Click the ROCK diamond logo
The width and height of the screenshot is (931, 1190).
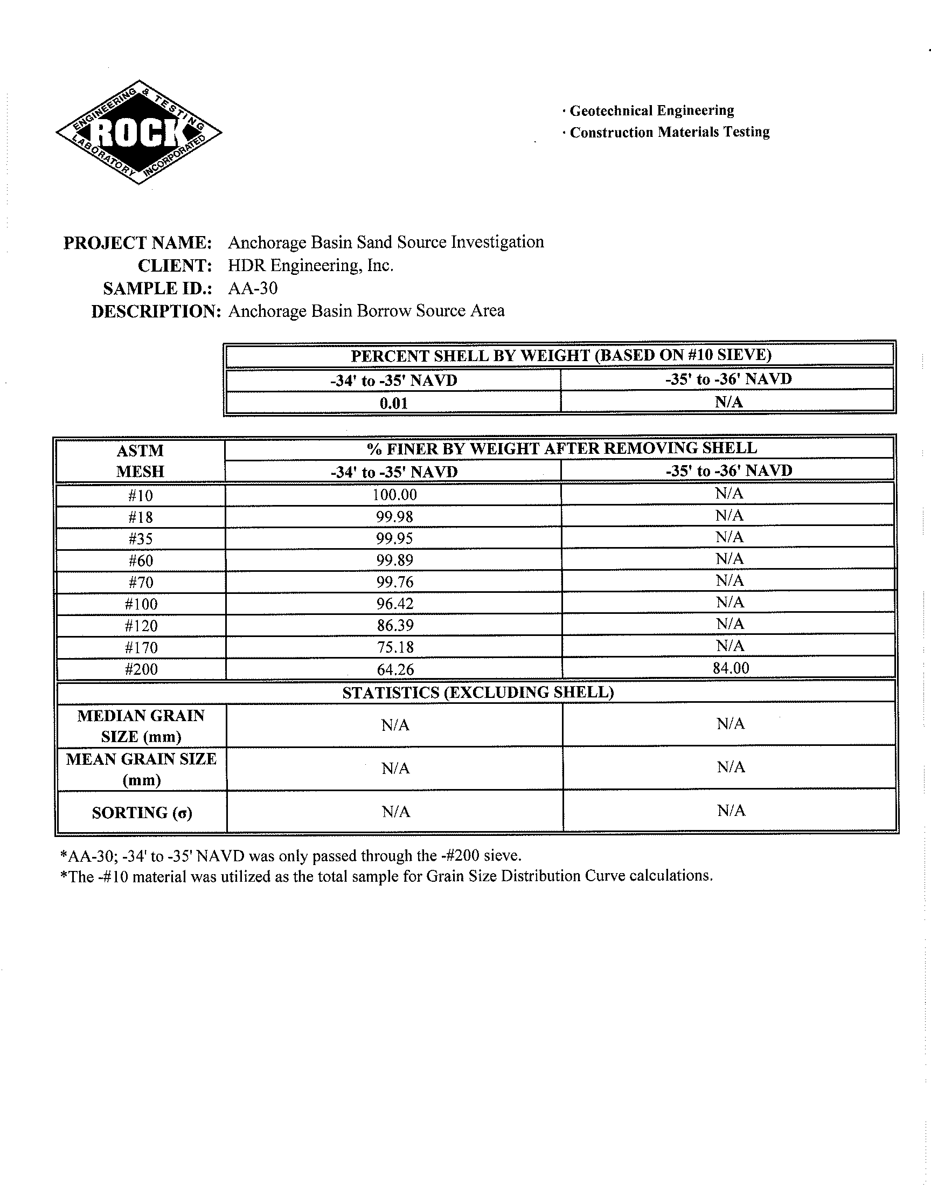(138, 133)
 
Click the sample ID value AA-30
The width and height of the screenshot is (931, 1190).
(253, 288)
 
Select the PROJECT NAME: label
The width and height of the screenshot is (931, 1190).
(137, 243)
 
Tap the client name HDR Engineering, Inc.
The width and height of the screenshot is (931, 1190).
(310, 266)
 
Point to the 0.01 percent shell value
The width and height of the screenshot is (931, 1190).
(393, 403)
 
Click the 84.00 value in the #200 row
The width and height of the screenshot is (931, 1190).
(731, 668)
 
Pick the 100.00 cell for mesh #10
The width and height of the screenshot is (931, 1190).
(394, 495)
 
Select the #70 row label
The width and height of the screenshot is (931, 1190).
(141, 582)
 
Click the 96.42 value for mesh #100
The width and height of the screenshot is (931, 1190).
(394, 604)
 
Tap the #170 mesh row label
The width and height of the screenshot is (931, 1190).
(141, 648)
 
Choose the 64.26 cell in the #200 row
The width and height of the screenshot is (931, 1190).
(394, 669)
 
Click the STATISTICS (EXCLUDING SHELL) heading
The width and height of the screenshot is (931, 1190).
(478, 693)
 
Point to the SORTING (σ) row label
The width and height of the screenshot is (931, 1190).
(142, 813)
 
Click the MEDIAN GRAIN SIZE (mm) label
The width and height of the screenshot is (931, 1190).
(141, 725)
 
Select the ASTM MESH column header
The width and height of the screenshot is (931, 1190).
(140, 461)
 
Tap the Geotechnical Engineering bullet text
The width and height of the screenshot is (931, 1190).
(651, 110)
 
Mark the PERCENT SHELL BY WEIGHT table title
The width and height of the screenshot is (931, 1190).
(561, 355)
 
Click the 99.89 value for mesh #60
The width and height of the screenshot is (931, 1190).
(394, 561)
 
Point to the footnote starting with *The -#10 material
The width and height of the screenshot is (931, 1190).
(386, 876)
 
